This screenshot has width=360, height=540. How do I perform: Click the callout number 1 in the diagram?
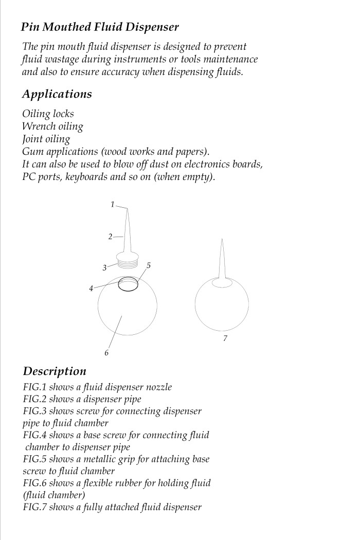pos(112,205)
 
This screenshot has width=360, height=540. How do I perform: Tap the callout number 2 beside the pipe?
pos(110,237)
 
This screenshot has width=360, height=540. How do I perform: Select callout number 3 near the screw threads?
pos(104,267)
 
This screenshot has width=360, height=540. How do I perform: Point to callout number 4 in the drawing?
pos(91,289)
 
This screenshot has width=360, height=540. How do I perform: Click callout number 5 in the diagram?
pos(149,265)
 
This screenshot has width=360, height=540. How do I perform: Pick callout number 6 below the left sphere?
pos(106,353)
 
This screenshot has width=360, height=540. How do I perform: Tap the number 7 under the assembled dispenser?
pos(225,338)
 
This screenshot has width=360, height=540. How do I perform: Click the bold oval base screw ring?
pos(128,284)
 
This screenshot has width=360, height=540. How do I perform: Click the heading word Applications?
pos(57,94)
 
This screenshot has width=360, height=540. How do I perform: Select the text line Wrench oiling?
pos(52,126)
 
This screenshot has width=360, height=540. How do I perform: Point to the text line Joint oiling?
pos(46,139)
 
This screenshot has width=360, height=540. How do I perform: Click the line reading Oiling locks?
pos(48,113)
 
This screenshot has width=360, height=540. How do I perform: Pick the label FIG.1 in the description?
pos(34,387)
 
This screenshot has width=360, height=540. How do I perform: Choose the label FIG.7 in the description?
pos(34,507)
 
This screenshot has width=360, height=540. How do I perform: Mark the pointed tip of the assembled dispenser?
pos(222,240)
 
